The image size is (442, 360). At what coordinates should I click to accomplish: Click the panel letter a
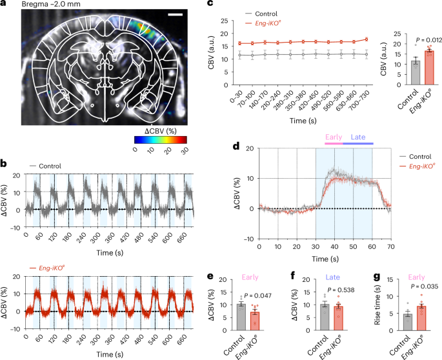(5, 5)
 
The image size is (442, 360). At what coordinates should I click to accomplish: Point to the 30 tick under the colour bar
(184, 149)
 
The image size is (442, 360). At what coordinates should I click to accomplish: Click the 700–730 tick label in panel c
(366, 100)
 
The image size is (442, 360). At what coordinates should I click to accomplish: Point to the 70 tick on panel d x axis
(390, 246)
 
